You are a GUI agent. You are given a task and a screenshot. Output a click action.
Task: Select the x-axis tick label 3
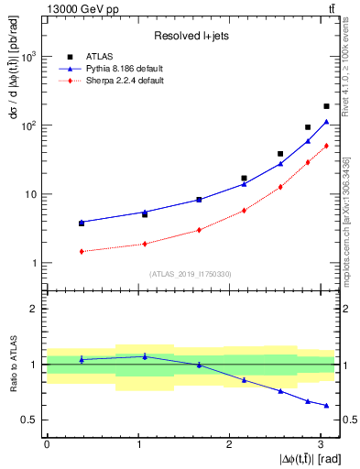tap(321, 444)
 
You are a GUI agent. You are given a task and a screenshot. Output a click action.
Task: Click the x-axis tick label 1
tap(137, 444)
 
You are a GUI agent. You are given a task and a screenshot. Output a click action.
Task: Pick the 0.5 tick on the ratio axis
tap(32, 420)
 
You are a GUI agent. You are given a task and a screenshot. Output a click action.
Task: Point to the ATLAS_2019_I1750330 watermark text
tap(190, 274)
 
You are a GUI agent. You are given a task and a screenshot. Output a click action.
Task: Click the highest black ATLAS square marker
tap(326, 106)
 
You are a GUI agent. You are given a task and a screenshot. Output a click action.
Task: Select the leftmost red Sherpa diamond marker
tap(82, 251)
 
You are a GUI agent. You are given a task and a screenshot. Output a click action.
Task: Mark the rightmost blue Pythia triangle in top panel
tap(326, 122)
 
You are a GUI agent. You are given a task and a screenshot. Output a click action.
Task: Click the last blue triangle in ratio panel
tap(326, 406)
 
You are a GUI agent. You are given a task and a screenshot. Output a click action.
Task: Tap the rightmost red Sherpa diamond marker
tap(326, 146)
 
